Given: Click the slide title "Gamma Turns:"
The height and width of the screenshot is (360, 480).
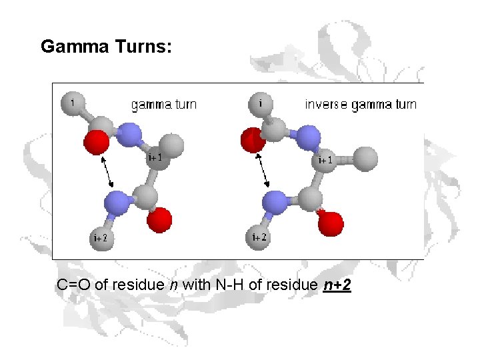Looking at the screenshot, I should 107,47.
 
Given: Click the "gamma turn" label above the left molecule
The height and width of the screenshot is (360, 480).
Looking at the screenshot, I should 163,104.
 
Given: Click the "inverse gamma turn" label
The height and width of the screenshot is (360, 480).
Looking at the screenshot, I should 361,104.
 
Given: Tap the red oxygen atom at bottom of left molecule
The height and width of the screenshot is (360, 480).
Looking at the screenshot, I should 160,219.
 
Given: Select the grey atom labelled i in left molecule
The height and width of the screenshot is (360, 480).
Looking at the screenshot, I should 72,103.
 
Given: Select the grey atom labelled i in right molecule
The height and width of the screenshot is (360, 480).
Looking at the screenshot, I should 260,103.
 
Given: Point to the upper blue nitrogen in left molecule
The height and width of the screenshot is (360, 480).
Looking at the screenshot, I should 131,136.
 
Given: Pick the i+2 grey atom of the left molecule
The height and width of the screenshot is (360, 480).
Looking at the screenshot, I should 101,238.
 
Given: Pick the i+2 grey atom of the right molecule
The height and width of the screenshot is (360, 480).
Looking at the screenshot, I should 259,237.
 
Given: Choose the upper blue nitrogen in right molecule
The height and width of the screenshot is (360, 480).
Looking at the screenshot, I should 308,138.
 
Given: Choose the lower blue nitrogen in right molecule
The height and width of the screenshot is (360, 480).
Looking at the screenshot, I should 274,202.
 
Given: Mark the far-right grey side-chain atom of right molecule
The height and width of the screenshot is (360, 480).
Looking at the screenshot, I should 365,159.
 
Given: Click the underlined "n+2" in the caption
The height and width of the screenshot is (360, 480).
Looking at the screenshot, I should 337,285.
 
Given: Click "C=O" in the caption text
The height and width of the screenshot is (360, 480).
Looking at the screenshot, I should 75,285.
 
